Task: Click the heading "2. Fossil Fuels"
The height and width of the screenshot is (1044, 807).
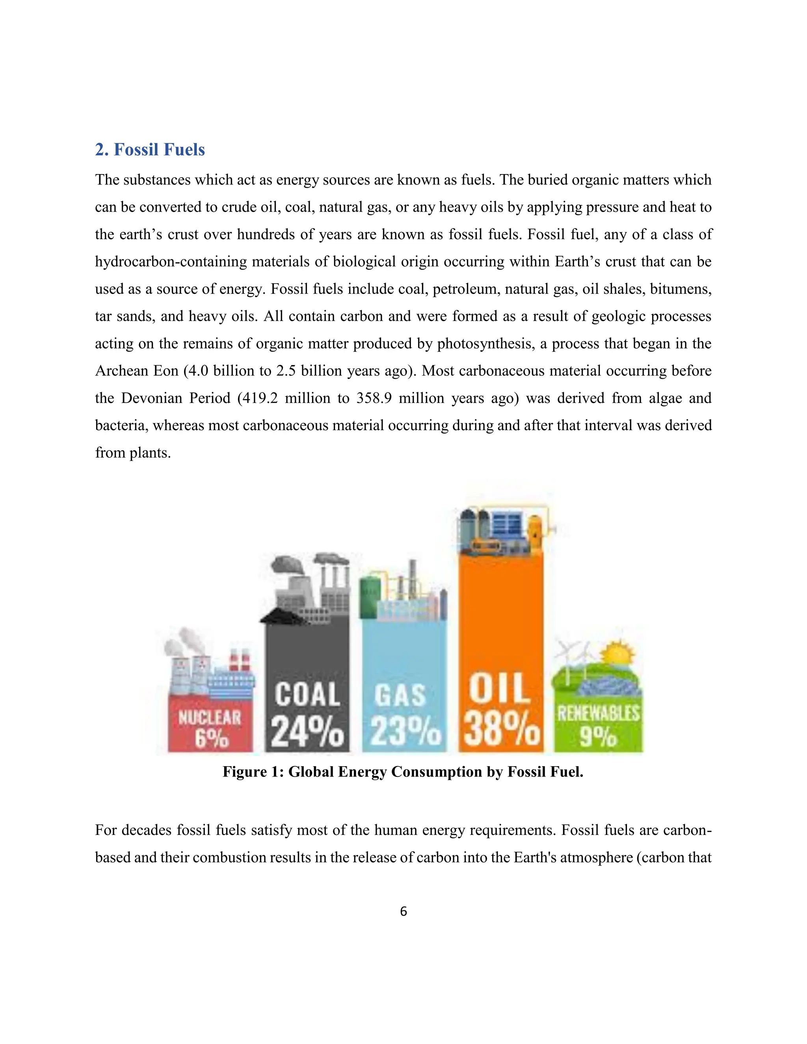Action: coord(150,150)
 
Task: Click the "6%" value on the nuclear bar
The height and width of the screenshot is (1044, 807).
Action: coord(211,739)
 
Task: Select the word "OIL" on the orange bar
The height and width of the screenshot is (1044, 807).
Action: coord(500,688)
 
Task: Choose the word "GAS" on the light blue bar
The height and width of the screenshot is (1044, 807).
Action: coord(401,695)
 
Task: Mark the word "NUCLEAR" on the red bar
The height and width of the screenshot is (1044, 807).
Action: coord(210,717)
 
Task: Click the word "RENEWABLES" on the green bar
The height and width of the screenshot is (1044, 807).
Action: coord(598,714)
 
